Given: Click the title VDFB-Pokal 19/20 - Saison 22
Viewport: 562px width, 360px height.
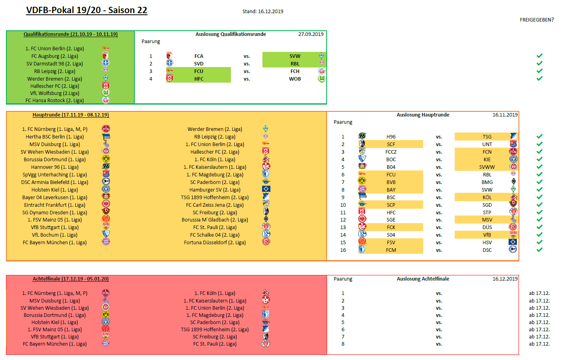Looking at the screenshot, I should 87,10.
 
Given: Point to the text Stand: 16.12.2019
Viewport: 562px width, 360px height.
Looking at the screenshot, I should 262,12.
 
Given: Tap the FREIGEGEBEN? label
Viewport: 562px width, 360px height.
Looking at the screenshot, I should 536,20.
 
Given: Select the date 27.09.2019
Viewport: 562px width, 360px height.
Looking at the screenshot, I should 311,34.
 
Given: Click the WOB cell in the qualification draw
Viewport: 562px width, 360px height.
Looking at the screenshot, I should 295,79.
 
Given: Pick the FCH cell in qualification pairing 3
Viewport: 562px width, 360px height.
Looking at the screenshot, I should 295,71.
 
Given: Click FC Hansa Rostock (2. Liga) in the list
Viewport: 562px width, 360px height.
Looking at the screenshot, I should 55,101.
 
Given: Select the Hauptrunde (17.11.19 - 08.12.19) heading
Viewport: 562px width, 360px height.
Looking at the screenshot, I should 71,115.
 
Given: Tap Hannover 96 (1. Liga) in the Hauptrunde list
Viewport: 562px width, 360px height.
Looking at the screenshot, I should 55,167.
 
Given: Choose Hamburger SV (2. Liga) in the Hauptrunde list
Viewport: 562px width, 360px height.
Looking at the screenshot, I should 215,190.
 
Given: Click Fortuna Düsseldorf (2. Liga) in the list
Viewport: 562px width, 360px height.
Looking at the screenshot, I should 215,243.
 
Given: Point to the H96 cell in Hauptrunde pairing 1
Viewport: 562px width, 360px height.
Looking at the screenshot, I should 391,137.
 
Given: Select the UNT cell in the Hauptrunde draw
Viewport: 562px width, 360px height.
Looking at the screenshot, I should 487,144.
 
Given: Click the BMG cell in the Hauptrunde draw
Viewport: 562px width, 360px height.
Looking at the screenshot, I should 487,182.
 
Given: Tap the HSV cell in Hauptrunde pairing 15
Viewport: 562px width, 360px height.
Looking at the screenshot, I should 487,243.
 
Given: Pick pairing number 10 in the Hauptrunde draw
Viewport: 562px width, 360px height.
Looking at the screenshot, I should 343,205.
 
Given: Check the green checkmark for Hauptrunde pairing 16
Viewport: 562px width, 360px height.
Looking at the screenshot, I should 539,250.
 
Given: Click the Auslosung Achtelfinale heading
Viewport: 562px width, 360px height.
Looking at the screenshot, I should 423,279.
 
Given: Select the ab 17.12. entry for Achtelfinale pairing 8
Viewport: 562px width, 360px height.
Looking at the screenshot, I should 539,344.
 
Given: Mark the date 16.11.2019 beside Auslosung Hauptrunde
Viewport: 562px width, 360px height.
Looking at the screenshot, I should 505,115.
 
